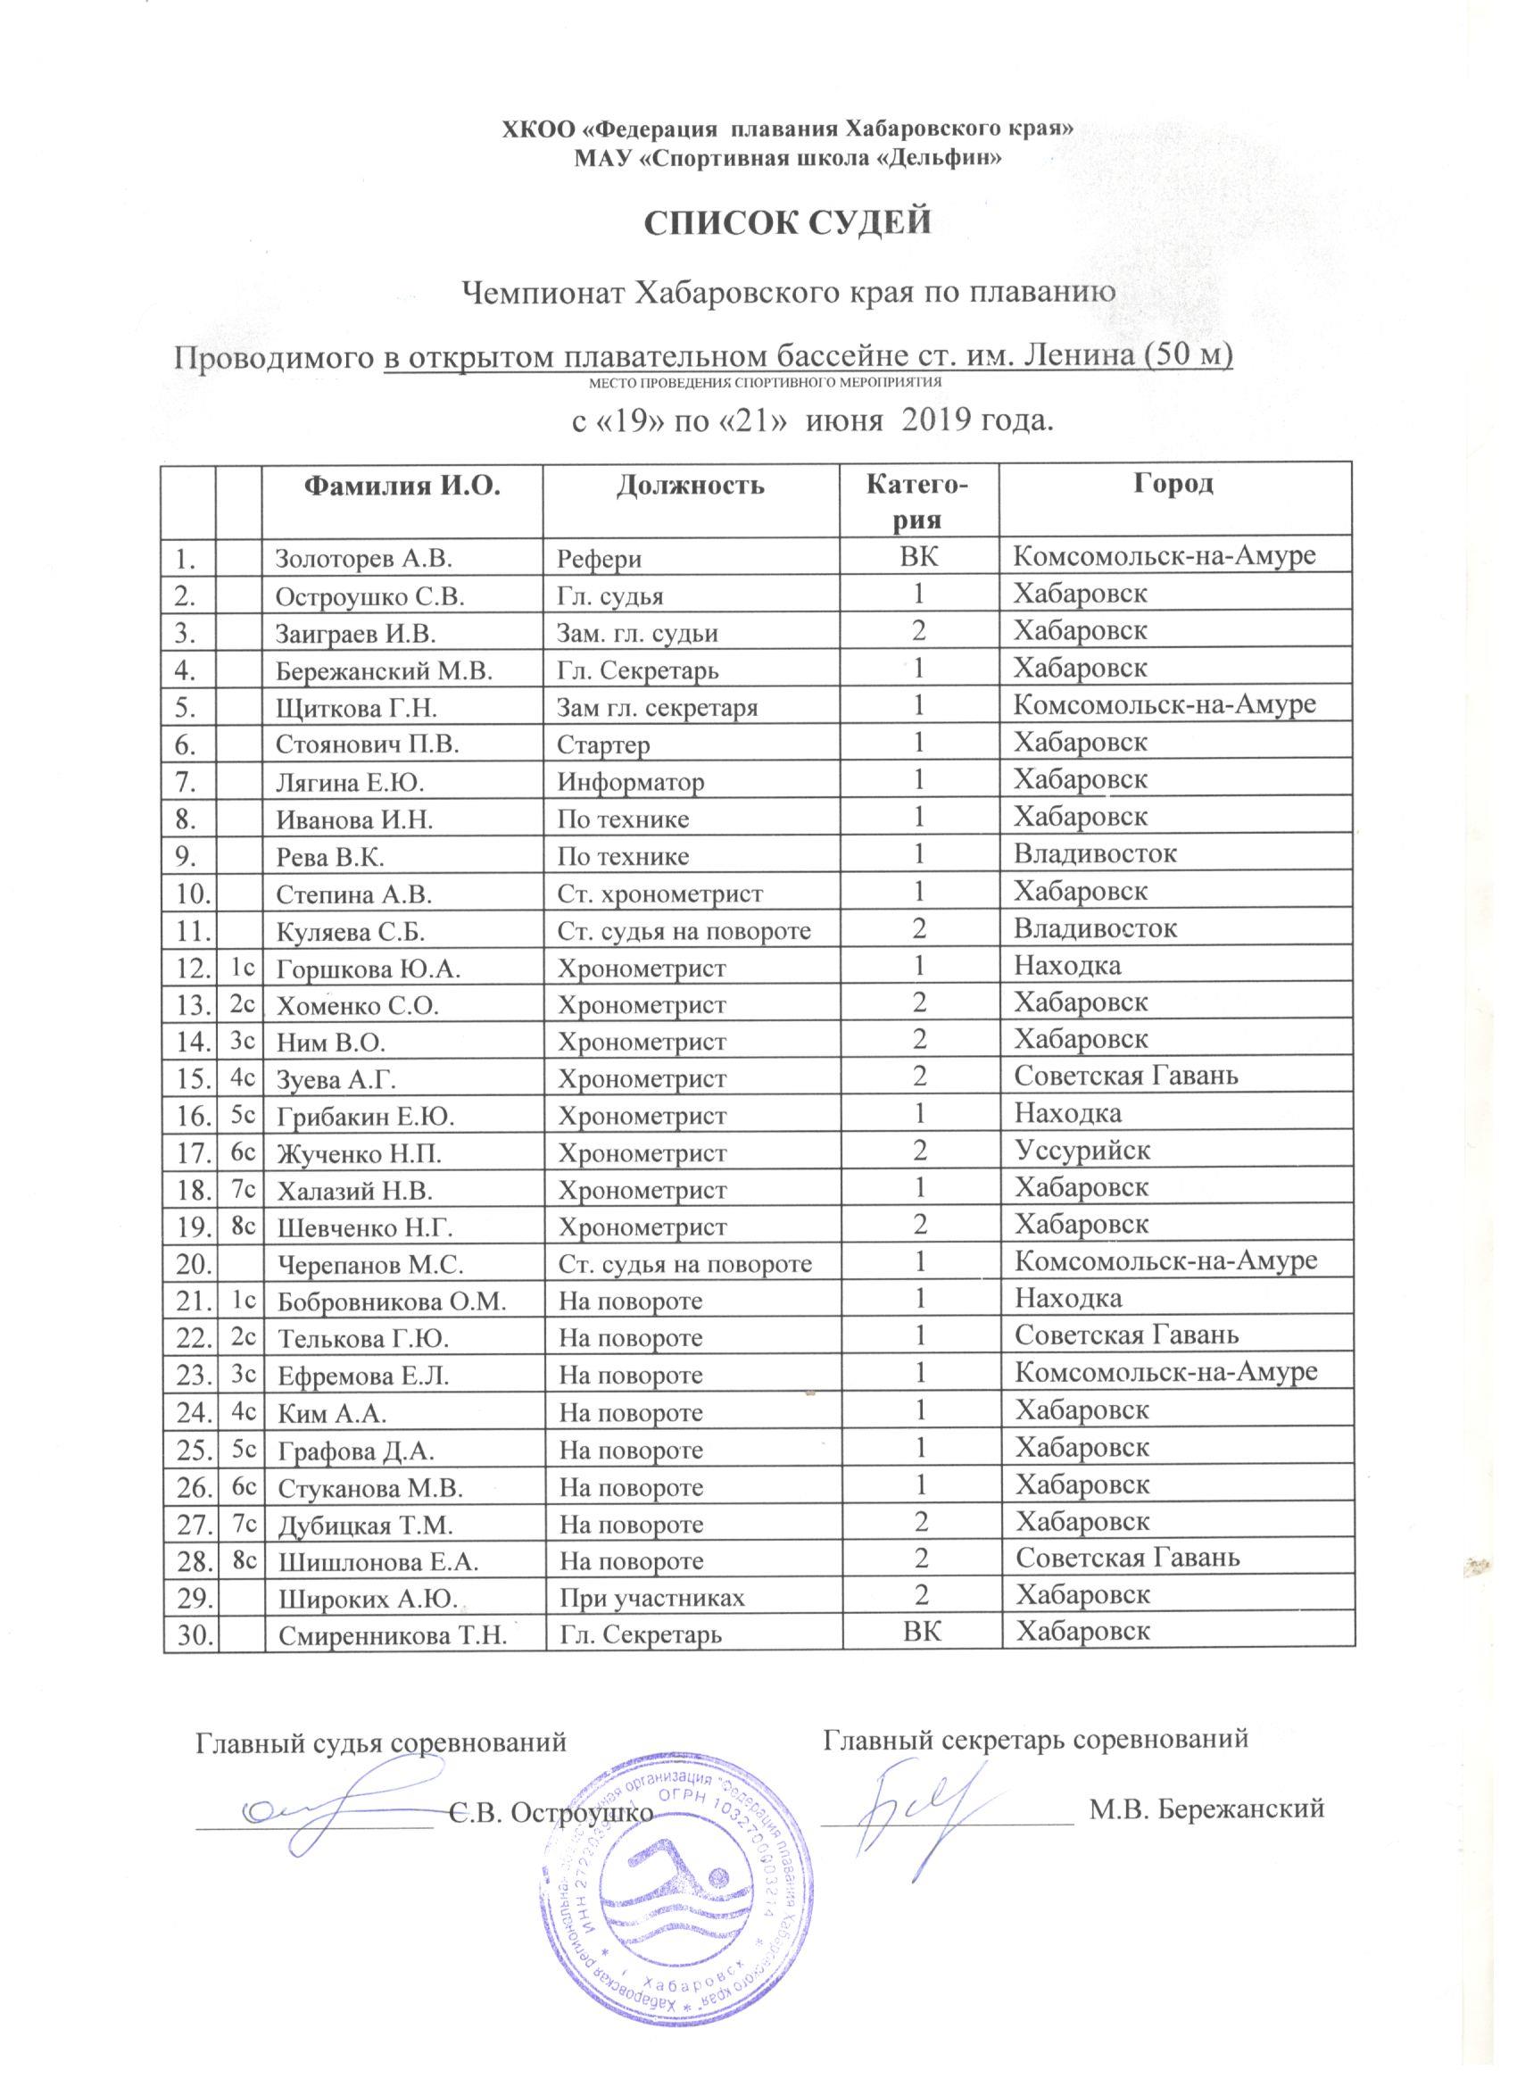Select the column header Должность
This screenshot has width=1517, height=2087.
[x=690, y=484]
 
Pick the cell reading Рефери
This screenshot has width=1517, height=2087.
[x=601, y=559]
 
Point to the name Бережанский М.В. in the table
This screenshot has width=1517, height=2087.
[x=385, y=669]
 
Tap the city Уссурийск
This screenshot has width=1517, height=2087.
[x=1082, y=1151]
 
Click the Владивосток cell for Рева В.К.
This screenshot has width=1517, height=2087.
[x=1094, y=854]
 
